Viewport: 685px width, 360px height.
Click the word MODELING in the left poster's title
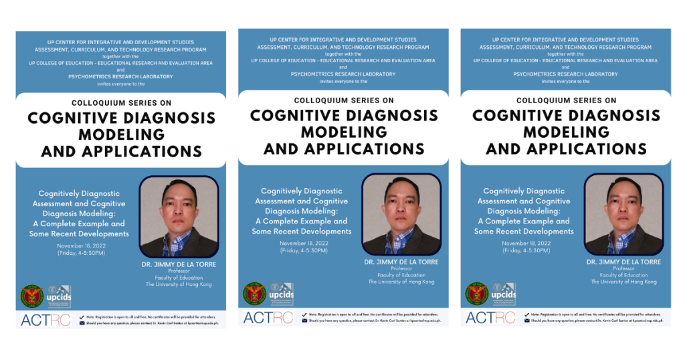point(121,134)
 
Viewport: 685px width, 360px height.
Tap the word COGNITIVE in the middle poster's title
point(298,115)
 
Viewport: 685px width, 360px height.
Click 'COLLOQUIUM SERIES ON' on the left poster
point(121,102)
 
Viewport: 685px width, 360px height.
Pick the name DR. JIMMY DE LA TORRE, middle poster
point(401,262)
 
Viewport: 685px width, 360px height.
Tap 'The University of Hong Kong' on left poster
point(179,284)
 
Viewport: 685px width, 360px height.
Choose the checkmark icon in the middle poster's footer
point(304,314)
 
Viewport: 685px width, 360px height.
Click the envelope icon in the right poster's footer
point(526,321)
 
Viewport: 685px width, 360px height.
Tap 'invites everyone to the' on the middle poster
point(343,80)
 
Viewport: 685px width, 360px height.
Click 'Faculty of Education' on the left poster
point(179,278)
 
